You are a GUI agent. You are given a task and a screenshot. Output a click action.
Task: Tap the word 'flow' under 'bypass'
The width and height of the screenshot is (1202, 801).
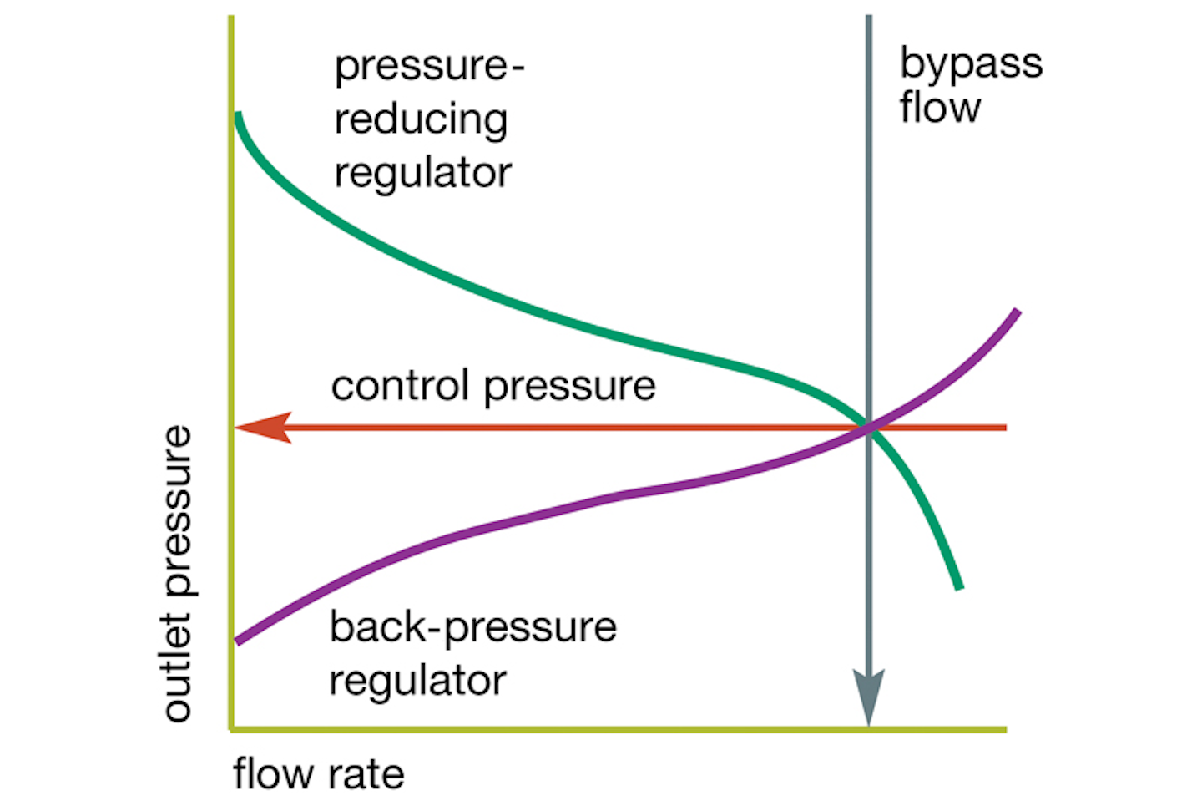click(x=940, y=108)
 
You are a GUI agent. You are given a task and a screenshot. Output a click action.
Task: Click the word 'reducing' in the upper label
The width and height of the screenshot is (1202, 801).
click(x=421, y=120)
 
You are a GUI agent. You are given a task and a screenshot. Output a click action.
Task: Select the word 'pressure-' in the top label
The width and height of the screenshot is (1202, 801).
click(x=429, y=67)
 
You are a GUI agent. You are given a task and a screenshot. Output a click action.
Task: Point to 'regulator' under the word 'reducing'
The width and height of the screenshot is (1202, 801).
click(x=422, y=173)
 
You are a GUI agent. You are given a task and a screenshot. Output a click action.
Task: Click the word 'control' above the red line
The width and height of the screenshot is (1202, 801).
click(x=399, y=386)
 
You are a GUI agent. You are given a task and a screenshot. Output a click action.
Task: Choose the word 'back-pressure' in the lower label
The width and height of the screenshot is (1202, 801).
click(x=472, y=628)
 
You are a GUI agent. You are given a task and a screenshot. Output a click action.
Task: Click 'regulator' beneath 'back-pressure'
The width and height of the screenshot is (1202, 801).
click(x=417, y=681)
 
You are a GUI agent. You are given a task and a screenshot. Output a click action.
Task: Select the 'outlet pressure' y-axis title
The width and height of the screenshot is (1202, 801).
click(x=177, y=574)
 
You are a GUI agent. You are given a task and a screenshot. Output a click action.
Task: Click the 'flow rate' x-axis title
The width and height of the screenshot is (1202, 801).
click(x=318, y=774)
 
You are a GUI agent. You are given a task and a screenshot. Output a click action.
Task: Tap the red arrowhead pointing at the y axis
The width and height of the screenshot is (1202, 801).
click(x=263, y=428)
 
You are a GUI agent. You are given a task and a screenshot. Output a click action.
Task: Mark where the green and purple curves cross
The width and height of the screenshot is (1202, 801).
click(x=868, y=427)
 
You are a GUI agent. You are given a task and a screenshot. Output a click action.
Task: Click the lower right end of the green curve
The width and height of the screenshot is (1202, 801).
click(x=959, y=586)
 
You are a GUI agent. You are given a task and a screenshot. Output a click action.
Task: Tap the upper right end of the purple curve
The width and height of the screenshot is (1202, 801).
click(x=1017, y=312)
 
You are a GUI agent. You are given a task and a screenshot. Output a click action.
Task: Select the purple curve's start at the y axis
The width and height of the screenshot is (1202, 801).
click(x=239, y=641)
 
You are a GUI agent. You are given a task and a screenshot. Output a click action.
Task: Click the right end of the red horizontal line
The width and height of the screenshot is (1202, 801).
click(x=1004, y=428)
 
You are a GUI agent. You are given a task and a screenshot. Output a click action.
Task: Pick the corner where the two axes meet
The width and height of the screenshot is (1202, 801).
click(x=231, y=729)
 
